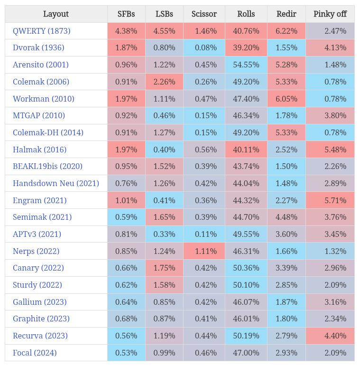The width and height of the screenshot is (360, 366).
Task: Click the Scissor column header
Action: pyautogui.click(x=204, y=14)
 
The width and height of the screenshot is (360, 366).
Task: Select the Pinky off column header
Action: pyautogui.click(x=330, y=14)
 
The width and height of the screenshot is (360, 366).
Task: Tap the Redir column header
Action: pyautogui.click(x=286, y=14)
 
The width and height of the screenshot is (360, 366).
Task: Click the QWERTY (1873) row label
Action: pyautogui.click(x=42, y=31)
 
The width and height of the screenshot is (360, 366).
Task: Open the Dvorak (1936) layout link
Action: pyautogui.click(x=38, y=47)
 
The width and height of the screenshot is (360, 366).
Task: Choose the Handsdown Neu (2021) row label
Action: pyautogui.click(x=56, y=183)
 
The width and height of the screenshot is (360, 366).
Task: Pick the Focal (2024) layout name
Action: pyautogui.click(x=35, y=353)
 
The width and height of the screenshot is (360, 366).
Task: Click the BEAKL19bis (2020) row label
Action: pyautogui.click(x=47, y=166)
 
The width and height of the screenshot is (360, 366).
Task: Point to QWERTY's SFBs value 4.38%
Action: pyautogui.click(x=127, y=31)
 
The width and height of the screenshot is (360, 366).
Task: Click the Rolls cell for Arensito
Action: pyautogui.click(x=246, y=65)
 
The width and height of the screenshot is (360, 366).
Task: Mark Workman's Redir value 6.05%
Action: pyautogui.click(x=286, y=99)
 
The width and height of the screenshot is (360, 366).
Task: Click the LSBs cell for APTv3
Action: pyautogui.click(x=165, y=234)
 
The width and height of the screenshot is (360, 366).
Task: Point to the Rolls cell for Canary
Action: pyautogui.click(x=246, y=268)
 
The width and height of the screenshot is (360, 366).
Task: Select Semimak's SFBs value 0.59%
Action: pyautogui.click(x=127, y=217)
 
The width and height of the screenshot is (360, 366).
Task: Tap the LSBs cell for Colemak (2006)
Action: pyautogui.click(x=165, y=82)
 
